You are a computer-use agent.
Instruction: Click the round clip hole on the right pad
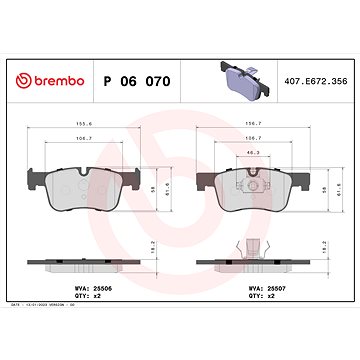point(254,180)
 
